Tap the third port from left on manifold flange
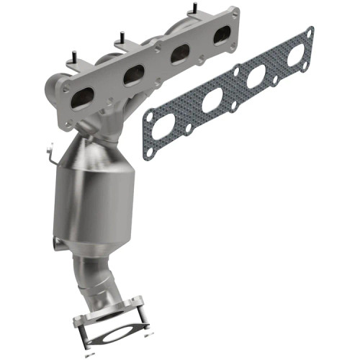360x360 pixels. pos(179,53)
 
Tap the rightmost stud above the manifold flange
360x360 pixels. pos(194,9)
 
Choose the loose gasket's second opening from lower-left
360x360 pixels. pos(212,102)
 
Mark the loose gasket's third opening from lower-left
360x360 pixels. pos(256,77)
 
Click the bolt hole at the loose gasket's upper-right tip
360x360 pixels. pos(310,32)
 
